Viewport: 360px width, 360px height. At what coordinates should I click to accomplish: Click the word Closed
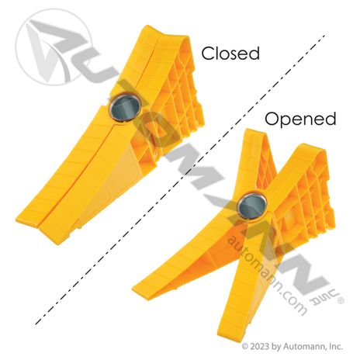tap(230, 54)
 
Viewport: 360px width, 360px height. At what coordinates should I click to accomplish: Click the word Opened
tap(300, 119)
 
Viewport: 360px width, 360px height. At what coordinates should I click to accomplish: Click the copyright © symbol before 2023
tap(245, 346)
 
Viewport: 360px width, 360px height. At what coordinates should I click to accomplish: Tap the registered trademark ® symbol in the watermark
tap(341, 300)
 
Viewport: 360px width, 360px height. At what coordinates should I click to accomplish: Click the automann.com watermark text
tap(267, 275)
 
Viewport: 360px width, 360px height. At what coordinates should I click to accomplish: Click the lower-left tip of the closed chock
tap(18, 220)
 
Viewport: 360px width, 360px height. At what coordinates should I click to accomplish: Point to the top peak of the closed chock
tap(148, 27)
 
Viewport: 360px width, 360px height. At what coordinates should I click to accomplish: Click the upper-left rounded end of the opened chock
tap(254, 132)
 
